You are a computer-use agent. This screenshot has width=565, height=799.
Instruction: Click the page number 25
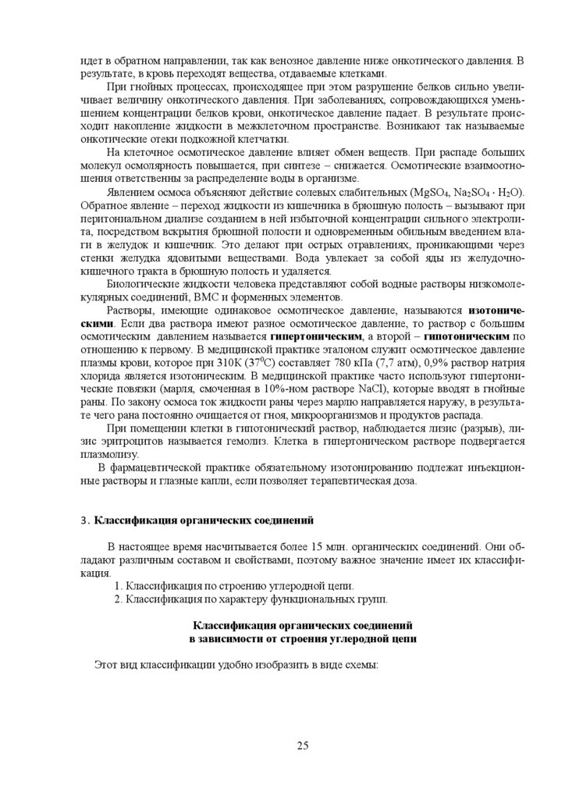click(303, 745)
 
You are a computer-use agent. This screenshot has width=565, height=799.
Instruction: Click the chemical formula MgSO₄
click(432, 193)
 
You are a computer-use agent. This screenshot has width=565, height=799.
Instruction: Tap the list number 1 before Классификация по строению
click(117, 585)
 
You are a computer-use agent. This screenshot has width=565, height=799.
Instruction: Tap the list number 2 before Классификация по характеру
click(117, 599)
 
